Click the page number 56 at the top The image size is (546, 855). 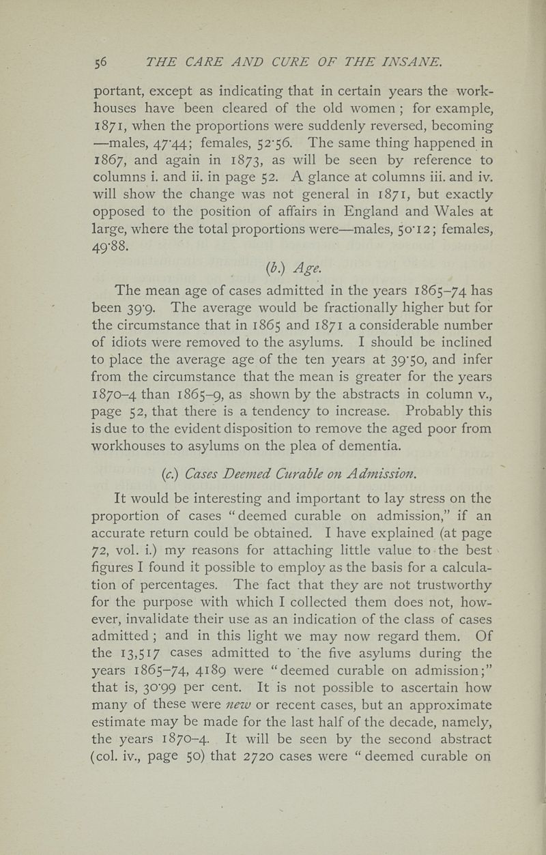(100, 63)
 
